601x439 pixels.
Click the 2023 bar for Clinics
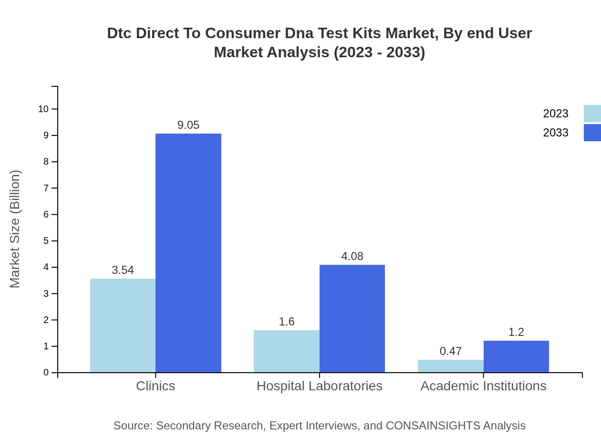[x=123, y=325]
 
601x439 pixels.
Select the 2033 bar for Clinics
[x=188, y=253]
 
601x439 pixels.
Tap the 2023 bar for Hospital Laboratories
[x=286, y=351]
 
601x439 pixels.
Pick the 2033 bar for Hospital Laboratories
[x=352, y=319]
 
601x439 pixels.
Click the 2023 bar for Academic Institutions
[x=450, y=366]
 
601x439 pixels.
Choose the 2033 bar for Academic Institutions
[x=516, y=356]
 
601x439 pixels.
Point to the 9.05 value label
[x=188, y=125]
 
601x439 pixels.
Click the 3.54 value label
[x=123, y=270]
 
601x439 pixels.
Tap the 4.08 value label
[x=352, y=256]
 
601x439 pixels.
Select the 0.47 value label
[x=450, y=351]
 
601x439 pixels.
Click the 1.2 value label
[x=516, y=332]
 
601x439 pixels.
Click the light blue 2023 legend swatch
[x=592, y=114]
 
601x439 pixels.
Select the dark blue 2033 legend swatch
[x=592, y=133]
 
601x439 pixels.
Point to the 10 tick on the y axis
[x=43, y=109]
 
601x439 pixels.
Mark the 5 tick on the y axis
[x=46, y=241]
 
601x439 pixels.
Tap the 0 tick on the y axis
[x=46, y=373]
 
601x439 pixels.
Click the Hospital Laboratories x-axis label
[x=319, y=386]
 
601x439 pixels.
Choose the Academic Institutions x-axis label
[x=483, y=386]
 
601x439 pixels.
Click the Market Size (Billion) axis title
[x=15, y=229]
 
